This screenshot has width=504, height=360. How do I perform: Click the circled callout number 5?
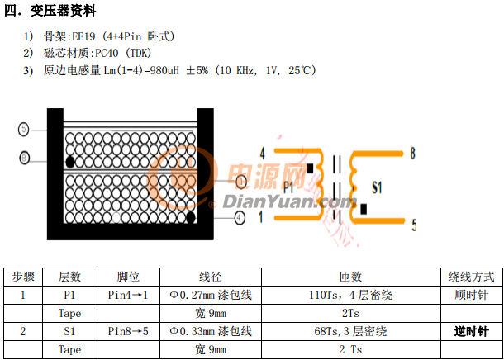click(x=23, y=130)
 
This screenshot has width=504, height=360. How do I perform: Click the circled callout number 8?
click(x=25, y=158)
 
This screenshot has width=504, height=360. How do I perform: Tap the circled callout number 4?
click(x=240, y=218)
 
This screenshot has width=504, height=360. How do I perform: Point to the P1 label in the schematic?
click(x=288, y=187)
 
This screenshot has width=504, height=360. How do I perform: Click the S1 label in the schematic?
click(x=377, y=187)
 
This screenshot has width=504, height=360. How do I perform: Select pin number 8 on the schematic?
click(x=412, y=154)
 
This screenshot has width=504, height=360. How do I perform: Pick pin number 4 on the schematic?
click(x=262, y=154)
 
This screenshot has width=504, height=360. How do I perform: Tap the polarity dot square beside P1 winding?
click(x=310, y=168)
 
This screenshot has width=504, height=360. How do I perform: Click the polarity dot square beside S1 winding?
click(x=364, y=209)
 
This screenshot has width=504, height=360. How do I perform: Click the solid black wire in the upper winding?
click(x=69, y=162)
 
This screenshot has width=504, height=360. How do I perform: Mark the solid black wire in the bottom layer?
click(x=191, y=217)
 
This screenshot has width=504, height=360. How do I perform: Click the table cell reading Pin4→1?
click(x=128, y=295)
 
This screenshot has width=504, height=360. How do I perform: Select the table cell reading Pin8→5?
click(x=128, y=331)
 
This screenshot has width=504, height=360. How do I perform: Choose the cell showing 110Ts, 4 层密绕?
click(x=350, y=295)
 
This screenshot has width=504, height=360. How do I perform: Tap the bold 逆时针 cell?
click(x=471, y=331)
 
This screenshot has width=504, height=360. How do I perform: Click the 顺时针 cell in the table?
click(x=471, y=295)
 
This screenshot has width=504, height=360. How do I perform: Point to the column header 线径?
click(x=210, y=277)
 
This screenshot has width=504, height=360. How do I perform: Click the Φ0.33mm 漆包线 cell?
click(x=211, y=331)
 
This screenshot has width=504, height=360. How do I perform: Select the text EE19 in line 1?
click(x=83, y=36)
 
